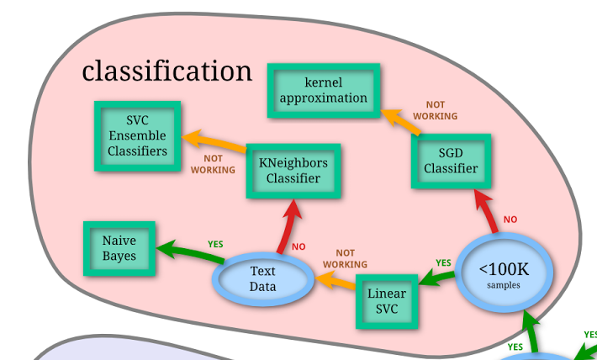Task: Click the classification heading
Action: [x=166, y=71]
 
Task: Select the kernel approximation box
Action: [x=324, y=90]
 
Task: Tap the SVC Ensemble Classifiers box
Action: [x=137, y=136]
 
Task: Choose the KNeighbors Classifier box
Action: [x=293, y=170]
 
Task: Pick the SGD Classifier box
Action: [x=450, y=161]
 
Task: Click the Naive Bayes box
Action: [x=119, y=248]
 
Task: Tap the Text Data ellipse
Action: [x=262, y=279]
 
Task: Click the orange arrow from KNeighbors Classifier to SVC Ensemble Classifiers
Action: [x=214, y=141]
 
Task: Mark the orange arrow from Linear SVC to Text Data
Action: [x=335, y=282]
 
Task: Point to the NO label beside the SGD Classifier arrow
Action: [x=510, y=220]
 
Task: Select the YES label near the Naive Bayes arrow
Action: [x=215, y=244]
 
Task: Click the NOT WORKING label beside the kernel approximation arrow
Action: [x=436, y=110]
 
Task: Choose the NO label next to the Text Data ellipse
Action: [x=298, y=247]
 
